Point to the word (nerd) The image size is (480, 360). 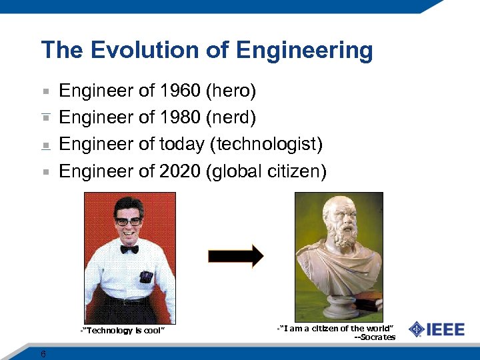[231, 117]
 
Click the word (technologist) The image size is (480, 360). [267, 144]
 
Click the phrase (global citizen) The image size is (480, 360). [267, 171]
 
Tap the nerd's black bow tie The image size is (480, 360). [129, 249]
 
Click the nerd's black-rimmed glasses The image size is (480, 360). [128, 221]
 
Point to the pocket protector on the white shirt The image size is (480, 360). [145, 276]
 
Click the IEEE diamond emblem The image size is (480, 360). [417, 329]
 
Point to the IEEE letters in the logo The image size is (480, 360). [445, 329]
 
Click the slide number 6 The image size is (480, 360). [43, 353]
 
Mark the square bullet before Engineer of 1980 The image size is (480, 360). [45, 118]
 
